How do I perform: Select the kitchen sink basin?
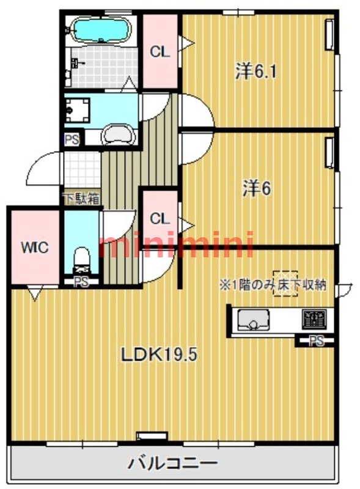coord(251,319)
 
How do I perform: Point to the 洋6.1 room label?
coord(257,72)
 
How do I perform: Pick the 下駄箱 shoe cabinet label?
coord(80,199)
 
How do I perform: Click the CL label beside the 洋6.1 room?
coord(160,53)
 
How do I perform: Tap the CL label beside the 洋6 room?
coord(160,218)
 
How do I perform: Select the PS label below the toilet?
coord(80,282)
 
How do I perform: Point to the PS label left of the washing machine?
coord(72,139)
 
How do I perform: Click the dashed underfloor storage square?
coord(285,284)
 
